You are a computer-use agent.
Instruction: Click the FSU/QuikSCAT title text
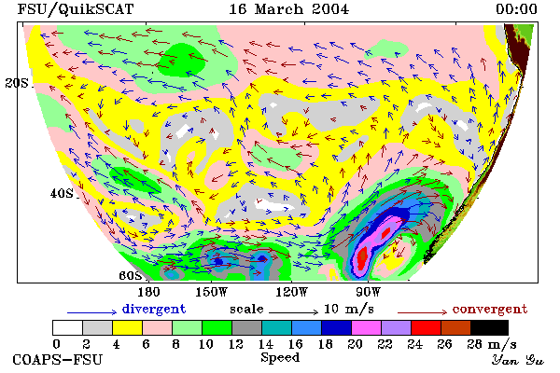coord(76,9)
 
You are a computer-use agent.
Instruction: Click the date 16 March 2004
coord(288,9)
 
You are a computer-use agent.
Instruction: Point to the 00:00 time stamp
coord(516,9)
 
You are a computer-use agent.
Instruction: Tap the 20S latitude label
coord(17,83)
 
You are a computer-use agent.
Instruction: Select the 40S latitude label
coord(62,193)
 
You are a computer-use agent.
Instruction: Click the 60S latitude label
coord(131,276)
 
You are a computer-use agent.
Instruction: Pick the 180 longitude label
coord(149,292)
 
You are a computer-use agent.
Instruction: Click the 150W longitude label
coord(212,292)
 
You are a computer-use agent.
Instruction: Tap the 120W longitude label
coord(292,292)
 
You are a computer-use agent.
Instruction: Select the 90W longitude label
coord(369,292)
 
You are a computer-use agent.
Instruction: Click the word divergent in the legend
coord(154,309)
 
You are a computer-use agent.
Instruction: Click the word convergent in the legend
coord(490,309)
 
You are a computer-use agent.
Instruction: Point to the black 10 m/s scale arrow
coord(294,312)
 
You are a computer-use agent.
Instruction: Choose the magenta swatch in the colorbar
coord(366,327)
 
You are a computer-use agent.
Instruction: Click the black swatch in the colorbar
coord(489,327)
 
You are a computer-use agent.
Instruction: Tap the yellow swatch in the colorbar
coord(127,327)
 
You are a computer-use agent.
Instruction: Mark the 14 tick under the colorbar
coord(265,344)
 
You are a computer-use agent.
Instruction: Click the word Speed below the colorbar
coord(280,358)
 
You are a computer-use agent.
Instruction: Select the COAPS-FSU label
coord(57,359)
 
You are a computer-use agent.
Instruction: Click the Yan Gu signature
coord(517,360)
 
